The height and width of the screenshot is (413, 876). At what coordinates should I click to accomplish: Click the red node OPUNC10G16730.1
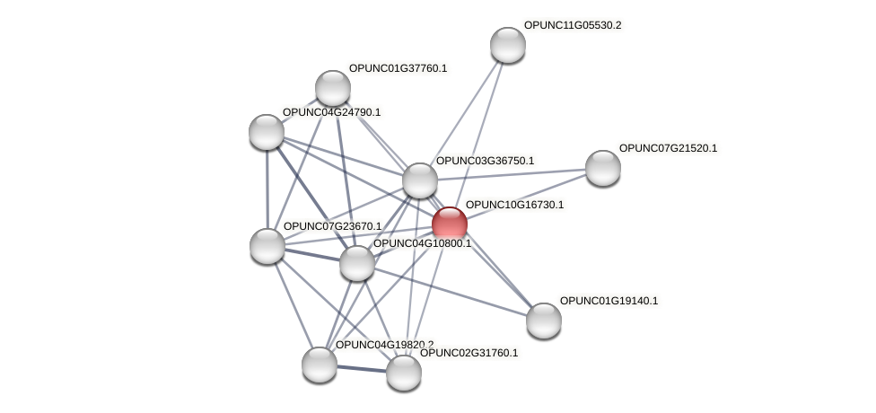[449, 224]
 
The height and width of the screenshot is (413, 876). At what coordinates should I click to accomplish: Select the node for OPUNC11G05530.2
[507, 45]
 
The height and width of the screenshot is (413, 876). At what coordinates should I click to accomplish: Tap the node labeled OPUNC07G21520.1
[602, 167]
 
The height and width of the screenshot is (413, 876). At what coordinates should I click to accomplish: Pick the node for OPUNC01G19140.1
[543, 320]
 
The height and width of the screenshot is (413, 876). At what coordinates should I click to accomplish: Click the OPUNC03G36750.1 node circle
[419, 180]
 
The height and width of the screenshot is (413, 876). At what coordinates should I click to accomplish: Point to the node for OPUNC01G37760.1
[333, 88]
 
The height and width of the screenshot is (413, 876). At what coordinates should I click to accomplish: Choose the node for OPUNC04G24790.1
[267, 132]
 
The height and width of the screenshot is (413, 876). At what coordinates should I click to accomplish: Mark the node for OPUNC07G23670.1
[267, 245]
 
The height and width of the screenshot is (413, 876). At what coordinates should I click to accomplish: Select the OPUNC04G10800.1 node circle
[356, 263]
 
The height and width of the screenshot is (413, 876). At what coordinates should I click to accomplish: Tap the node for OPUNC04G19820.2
[319, 364]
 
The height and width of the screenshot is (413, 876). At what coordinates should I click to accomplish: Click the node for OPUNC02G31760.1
[403, 372]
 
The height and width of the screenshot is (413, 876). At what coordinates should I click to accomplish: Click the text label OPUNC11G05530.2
[573, 26]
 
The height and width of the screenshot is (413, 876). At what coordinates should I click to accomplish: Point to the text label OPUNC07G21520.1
[668, 148]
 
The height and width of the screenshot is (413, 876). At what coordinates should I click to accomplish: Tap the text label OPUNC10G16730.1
[514, 206]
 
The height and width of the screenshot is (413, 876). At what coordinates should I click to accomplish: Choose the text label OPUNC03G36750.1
[485, 162]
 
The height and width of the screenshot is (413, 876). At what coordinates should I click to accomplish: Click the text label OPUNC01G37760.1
[398, 68]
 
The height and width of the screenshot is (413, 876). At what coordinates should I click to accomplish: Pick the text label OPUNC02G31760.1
[469, 353]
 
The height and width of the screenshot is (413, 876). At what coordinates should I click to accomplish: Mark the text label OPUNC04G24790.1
[331, 113]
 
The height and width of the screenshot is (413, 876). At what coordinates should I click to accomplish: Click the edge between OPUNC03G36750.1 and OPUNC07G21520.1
[512, 173]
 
